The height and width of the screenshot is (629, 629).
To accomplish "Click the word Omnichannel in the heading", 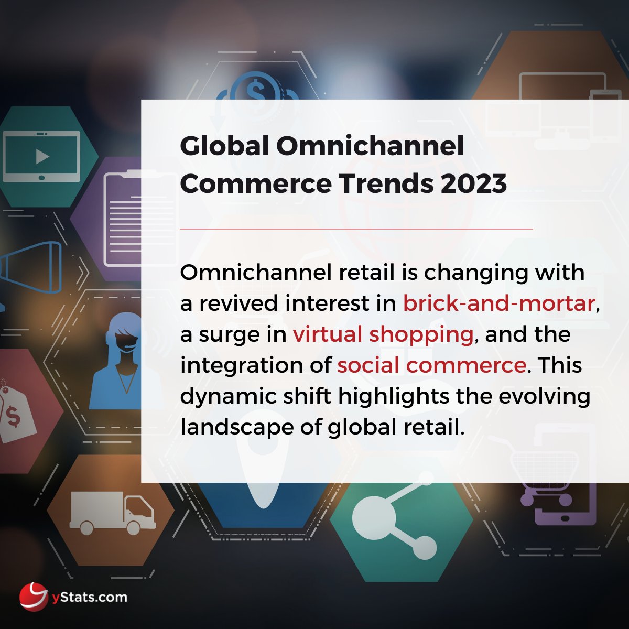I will pyautogui.click(x=370, y=146).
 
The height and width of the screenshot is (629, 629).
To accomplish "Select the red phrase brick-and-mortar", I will pyautogui.click(x=498, y=303).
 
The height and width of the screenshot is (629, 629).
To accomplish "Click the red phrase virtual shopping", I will pyautogui.click(x=383, y=334).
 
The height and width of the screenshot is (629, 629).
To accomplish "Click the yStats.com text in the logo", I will pyautogui.click(x=89, y=597).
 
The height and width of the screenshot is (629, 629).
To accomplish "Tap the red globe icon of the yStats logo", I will pyautogui.click(x=35, y=597).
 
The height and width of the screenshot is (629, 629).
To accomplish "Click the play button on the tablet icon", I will pyautogui.click(x=42, y=156).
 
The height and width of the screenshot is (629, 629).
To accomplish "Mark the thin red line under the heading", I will pyautogui.click(x=356, y=229).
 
